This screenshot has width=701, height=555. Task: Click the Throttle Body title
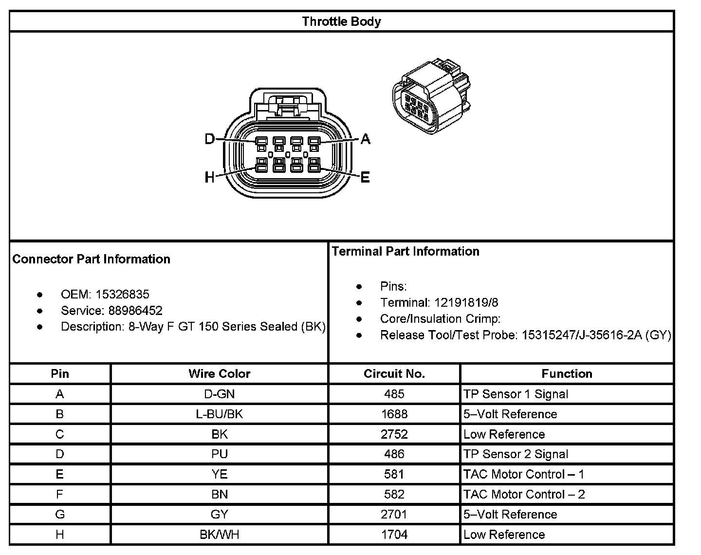pyautogui.click(x=341, y=21)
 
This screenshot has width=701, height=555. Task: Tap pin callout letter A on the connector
pyautogui.click(x=365, y=140)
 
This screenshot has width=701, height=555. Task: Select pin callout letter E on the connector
pyautogui.click(x=365, y=178)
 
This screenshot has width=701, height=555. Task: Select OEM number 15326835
pyautogui.click(x=122, y=294)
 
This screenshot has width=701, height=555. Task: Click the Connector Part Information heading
pyautogui.click(x=91, y=259)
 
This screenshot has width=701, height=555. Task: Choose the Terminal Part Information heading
pyautogui.click(x=406, y=251)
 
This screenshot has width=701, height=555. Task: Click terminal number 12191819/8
pyautogui.click(x=466, y=302)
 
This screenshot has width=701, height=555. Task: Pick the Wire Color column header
pyautogui.click(x=219, y=373)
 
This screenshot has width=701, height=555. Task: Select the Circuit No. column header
pyautogui.click(x=394, y=373)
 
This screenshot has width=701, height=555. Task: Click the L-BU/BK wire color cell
pyautogui.click(x=219, y=414)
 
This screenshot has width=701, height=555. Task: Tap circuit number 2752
pyautogui.click(x=394, y=434)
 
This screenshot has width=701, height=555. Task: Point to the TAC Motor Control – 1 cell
pyautogui.click(x=524, y=474)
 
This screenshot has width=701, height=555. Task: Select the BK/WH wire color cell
pyautogui.click(x=219, y=535)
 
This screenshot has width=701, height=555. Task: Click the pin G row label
pyautogui.click(x=59, y=515)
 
